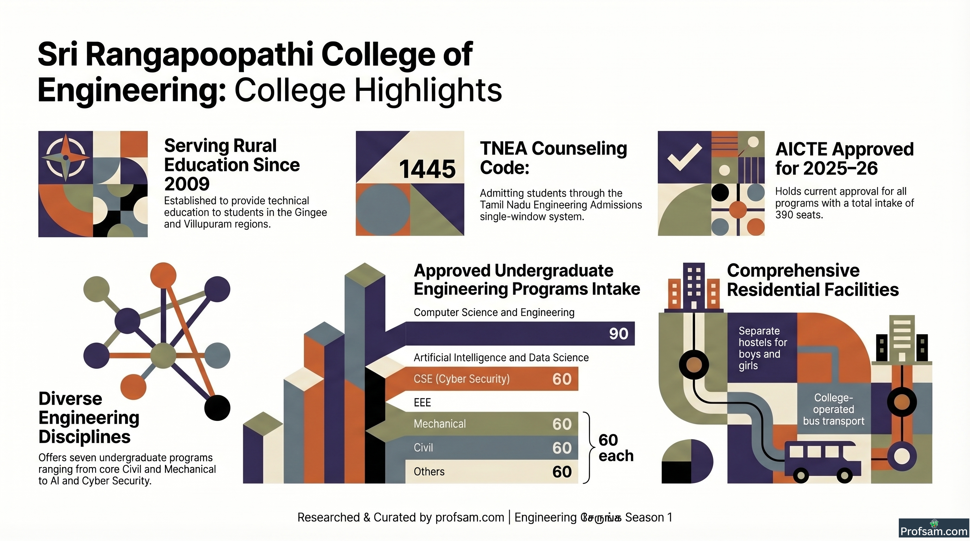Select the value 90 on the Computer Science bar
click(619, 334)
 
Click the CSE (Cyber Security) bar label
click(462, 379)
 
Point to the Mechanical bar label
click(440, 424)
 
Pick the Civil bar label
click(423, 448)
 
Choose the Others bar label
click(429, 472)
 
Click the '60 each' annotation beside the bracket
click(616, 448)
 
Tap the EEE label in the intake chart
click(422, 403)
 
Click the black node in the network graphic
click(217, 408)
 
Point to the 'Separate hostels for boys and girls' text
click(762, 348)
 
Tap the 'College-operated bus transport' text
click(833, 409)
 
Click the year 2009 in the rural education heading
click(187, 184)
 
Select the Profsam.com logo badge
click(934, 529)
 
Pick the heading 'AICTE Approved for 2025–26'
click(845, 159)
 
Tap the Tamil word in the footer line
click(601, 518)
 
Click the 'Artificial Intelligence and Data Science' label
click(501, 357)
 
